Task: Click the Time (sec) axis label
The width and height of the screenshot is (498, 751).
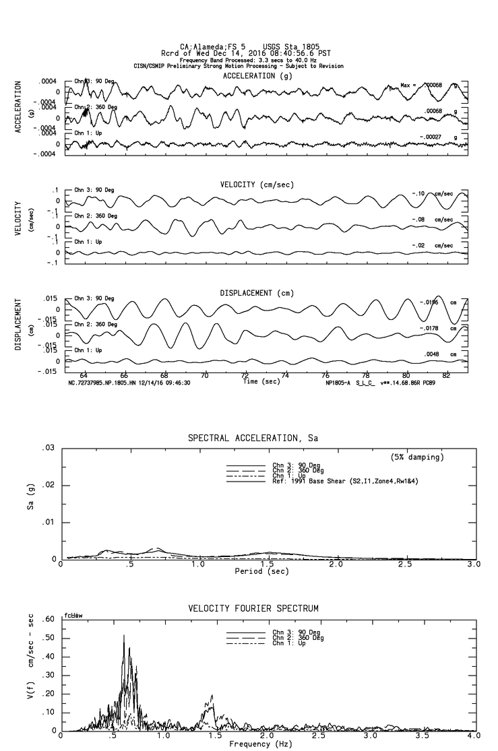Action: pos(259,381)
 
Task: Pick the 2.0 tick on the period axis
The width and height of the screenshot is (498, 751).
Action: pos(336,564)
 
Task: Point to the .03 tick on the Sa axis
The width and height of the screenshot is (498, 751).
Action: pos(48,448)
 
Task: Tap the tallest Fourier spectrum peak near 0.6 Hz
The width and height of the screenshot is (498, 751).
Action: pos(123,635)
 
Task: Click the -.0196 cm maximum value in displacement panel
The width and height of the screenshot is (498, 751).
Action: pos(429,302)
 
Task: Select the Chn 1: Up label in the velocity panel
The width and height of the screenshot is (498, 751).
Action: pos(88,241)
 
